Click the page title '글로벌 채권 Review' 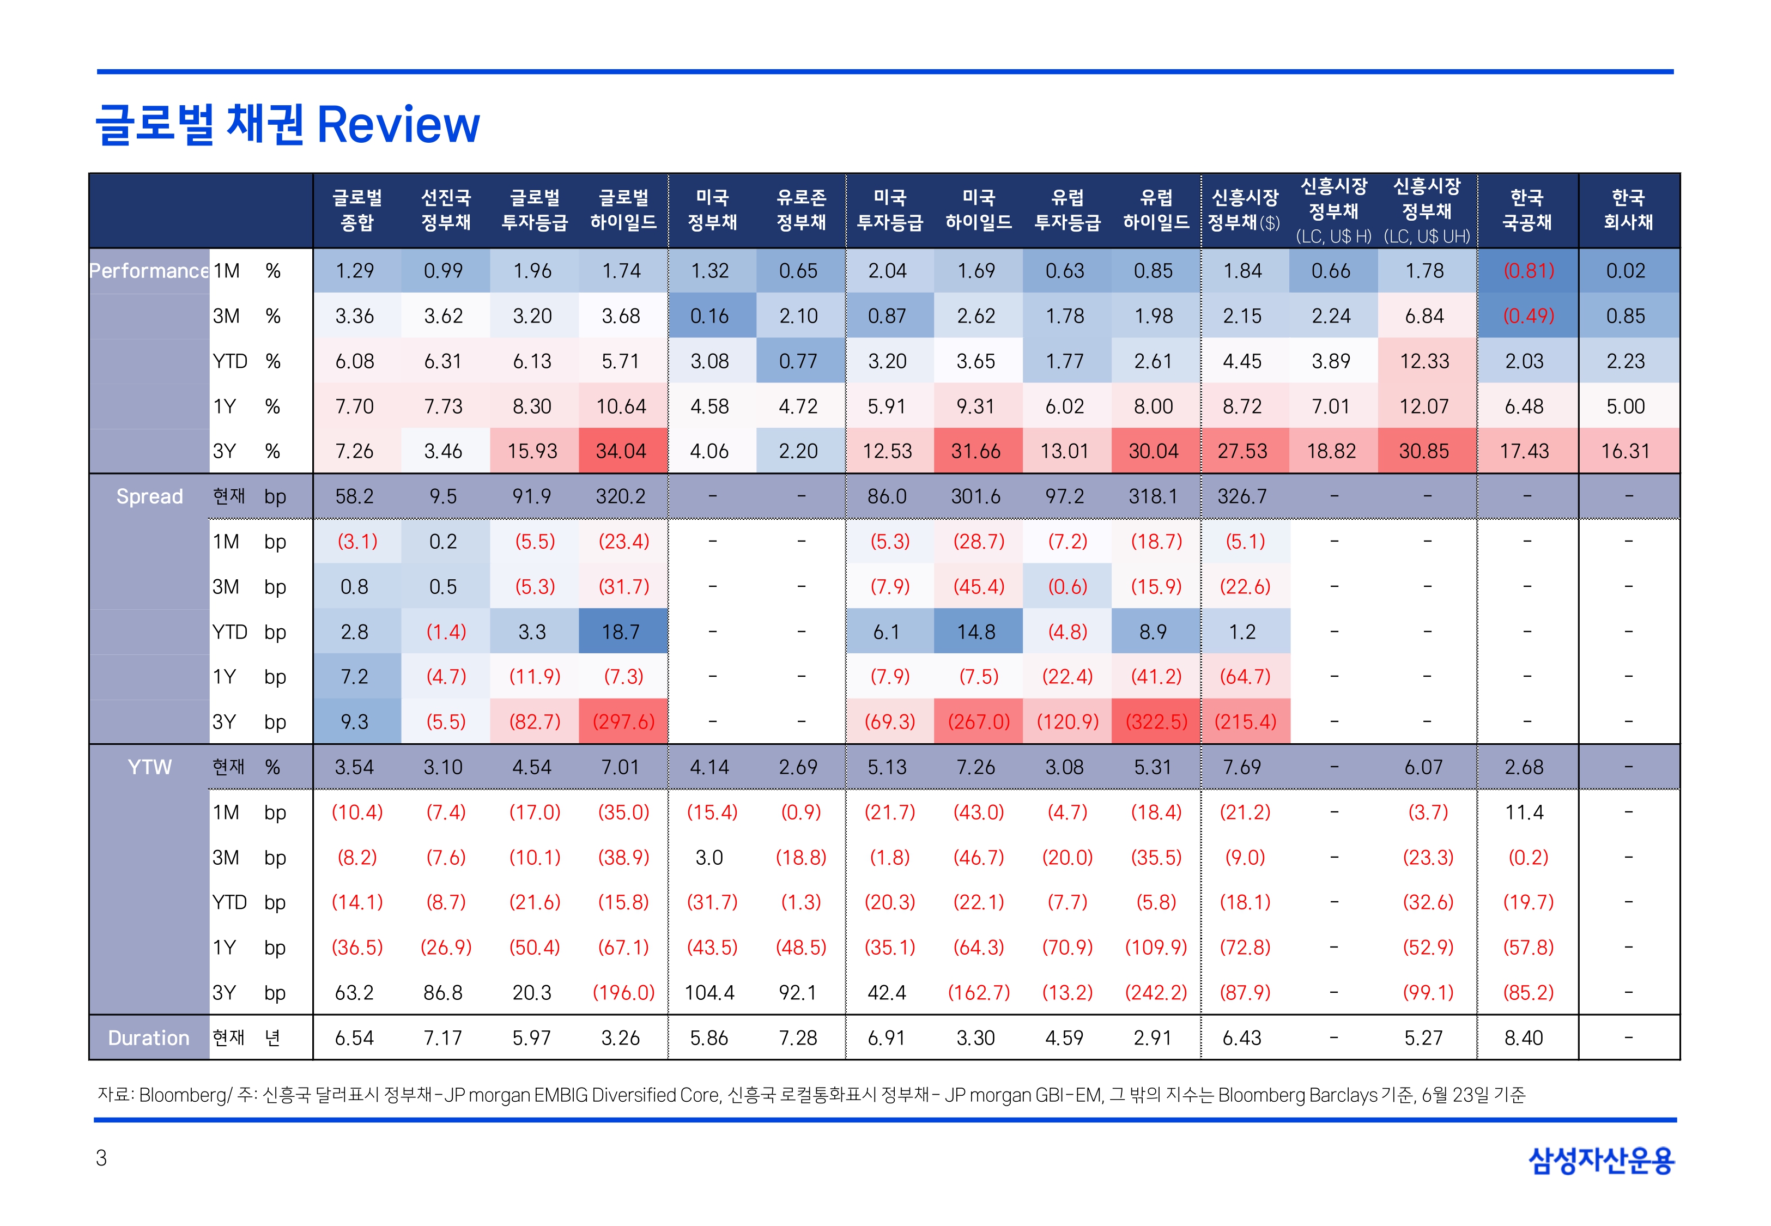pyautogui.click(x=288, y=124)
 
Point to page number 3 pyautogui.click(x=101, y=1158)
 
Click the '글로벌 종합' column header pyautogui.click(x=357, y=210)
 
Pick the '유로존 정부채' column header pyautogui.click(x=801, y=210)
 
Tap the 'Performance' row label pyautogui.click(x=149, y=271)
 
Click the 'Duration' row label pyautogui.click(x=148, y=1038)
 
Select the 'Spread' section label pyautogui.click(x=149, y=496)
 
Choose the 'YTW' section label pyautogui.click(x=149, y=767)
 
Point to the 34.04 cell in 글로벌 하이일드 pyautogui.click(x=621, y=451)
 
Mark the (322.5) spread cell pyautogui.click(x=1156, y=722)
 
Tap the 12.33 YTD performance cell pyautogui.click(x=1424, y=361)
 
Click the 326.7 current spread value pyautogui.click(x=1242, y=496)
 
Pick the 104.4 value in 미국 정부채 pyautogui.click(x=709, y=992)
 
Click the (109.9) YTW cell pyautogui.click(x=1156, y=947)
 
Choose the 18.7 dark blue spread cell pyautogui.click(x=621, y=632)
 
